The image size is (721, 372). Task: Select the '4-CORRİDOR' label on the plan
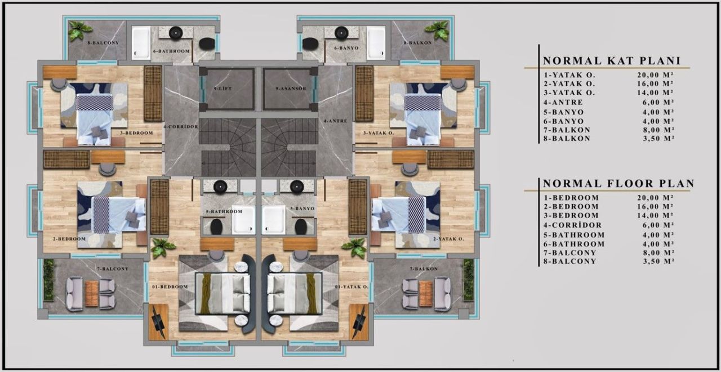(x=181, y=127)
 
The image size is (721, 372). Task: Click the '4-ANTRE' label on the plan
(x=335, y=121)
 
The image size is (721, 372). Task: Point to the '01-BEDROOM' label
(x=170, y=287)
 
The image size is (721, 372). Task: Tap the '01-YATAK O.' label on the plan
(x=351, y=287)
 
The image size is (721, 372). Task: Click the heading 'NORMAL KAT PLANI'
(x=612, y=61)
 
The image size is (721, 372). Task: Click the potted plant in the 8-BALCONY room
(x=80, y=31)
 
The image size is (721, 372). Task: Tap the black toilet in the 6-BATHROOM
(x=207, y=43)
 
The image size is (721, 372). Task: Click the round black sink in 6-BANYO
(x=340, y=32)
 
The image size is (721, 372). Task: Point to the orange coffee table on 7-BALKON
(x=426, y=294)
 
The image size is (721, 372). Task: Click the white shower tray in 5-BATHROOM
(x=244, y=219)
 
